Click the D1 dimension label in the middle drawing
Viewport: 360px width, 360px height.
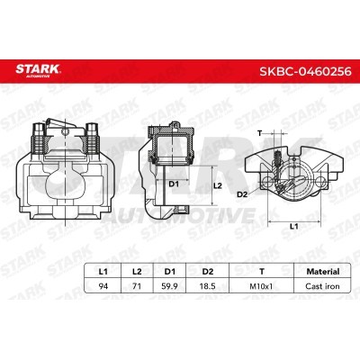point(175,185)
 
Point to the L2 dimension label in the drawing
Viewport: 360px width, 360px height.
point(216,184)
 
